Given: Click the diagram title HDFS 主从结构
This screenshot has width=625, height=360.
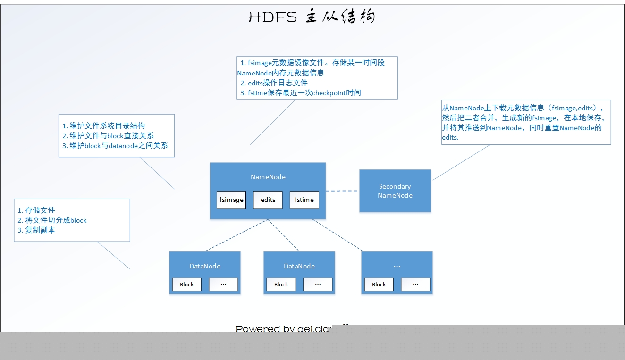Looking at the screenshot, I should point(312,17).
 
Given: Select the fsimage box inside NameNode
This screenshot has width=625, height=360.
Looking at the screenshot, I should point(231,200).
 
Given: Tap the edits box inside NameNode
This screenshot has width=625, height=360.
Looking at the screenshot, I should point(268,200).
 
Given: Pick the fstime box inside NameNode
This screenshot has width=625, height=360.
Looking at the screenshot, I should point(304,200).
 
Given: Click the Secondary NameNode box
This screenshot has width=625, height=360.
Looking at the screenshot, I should point(395,191).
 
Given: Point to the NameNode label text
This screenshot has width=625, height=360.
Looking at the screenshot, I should point(268,177).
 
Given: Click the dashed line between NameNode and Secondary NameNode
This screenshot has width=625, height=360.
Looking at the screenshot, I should point(342,191).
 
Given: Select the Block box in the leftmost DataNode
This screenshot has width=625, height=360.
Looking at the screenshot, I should point(186,285).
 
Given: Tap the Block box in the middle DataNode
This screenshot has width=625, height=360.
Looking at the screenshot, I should point(281,285).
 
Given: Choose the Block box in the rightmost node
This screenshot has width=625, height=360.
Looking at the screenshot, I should point(379,285).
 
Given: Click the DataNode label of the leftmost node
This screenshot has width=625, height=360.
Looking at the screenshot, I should point(205,266).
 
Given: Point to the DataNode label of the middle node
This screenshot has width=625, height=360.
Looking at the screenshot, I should point(299,266).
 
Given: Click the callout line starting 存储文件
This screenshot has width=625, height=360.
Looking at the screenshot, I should point(36,210).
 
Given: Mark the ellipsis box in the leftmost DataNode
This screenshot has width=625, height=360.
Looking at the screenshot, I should point(223,285).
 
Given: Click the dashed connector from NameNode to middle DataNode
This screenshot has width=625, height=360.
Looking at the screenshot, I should point(283,235).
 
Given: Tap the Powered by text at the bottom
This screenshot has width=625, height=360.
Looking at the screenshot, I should point(283,329).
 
